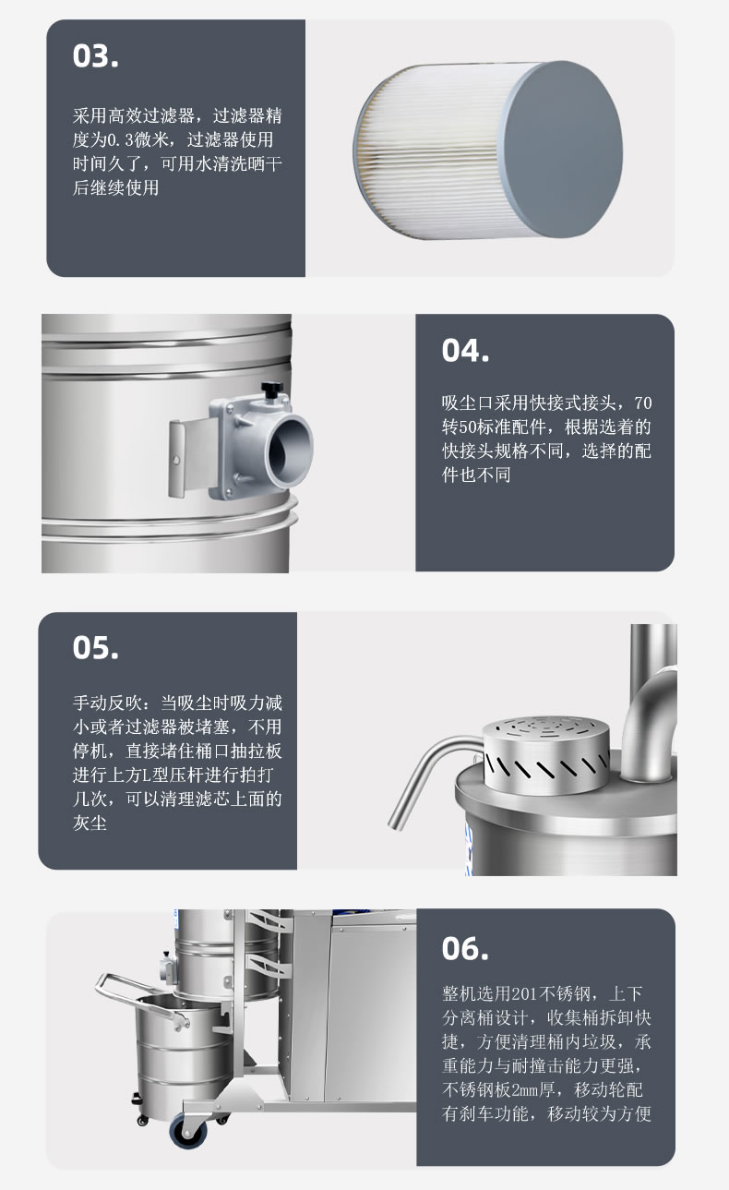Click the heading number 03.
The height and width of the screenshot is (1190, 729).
96,55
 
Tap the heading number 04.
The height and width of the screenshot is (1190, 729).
465,351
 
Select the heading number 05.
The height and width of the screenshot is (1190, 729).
96,647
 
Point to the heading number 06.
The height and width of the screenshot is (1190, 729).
465,948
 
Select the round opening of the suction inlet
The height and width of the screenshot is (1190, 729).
287,446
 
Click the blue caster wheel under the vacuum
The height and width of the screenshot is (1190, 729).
182,1129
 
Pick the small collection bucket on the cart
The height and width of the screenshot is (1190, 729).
181,1048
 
